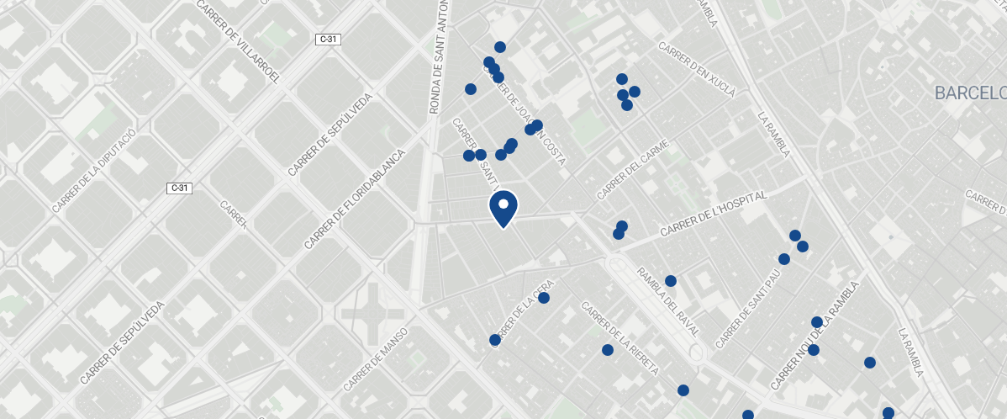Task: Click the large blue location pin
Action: tap(503, 209)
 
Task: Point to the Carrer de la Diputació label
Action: tap(93, 171)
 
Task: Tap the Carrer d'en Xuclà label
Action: tap(697, 70)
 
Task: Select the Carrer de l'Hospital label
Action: tap(714, 214)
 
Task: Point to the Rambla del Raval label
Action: tap(667, 300)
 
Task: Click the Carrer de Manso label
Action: tap(375, 359)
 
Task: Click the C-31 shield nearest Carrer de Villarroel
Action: tap(327, 40)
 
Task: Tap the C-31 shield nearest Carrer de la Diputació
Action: tap(179, 188)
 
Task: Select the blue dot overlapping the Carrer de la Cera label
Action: tap(494, 340)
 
